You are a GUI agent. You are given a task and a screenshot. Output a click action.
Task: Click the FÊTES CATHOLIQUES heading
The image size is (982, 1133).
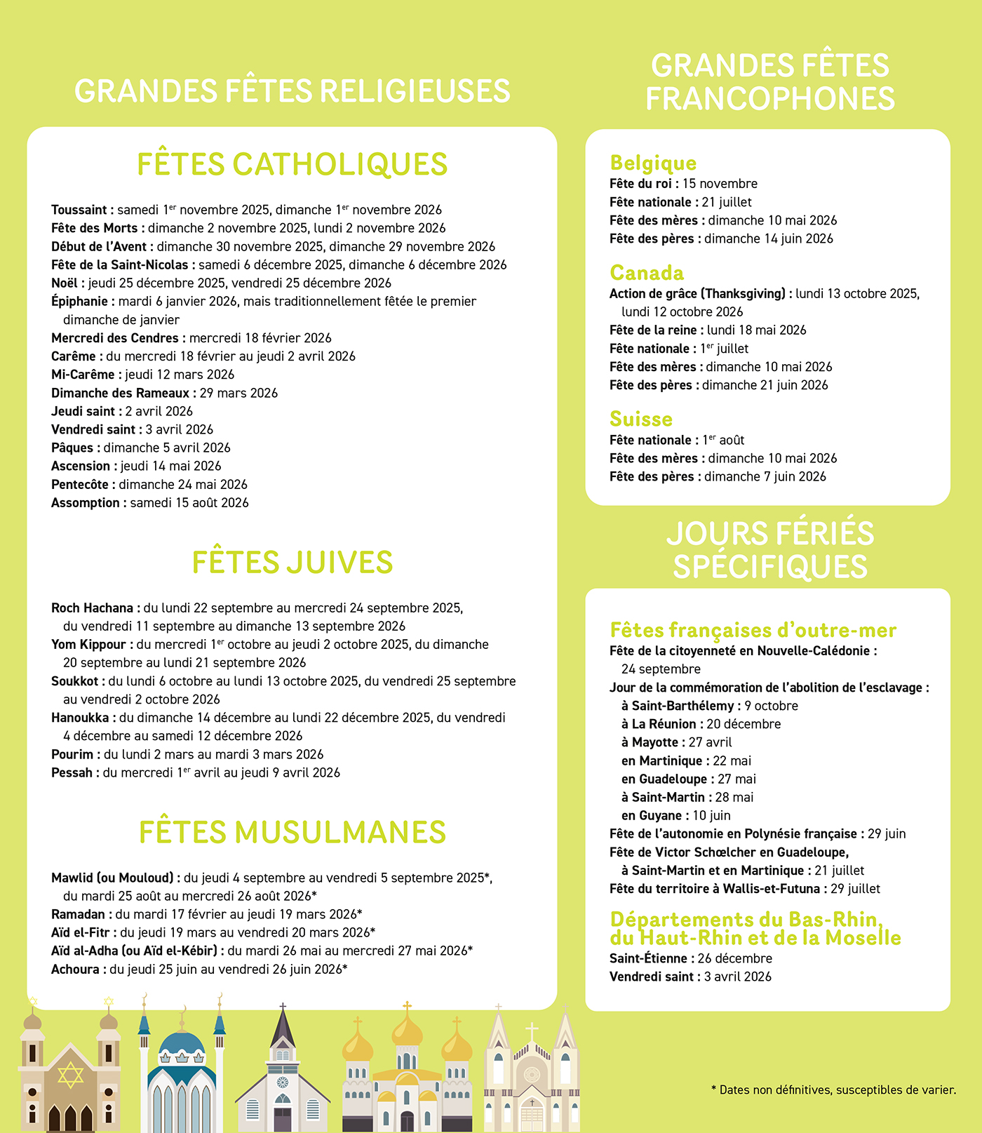click(292, 165)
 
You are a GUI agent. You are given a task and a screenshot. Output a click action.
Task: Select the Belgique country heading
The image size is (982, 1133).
click(653, 163)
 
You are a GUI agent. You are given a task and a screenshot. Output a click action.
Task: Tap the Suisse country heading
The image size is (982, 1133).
click(641, 420)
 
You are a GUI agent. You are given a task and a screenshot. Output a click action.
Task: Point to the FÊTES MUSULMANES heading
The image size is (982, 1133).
click(292, 833)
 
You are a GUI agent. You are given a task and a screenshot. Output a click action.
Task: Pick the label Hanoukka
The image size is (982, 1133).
click(80, 718)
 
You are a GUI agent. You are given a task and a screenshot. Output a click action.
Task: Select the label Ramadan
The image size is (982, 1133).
click(78, 914)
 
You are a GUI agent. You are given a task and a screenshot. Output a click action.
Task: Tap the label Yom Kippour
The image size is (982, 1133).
click(88, 644)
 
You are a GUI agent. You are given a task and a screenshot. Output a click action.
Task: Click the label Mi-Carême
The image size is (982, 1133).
click(83, 375)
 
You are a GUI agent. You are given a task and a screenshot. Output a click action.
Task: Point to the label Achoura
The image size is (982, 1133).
click(75, 969)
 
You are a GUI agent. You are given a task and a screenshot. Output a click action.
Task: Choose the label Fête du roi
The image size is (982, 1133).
click(640, 184)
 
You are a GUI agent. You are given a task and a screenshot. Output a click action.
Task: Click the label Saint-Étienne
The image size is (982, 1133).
click(648, 958)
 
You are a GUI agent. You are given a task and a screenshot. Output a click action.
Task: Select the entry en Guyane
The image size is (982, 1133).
click(651, 815)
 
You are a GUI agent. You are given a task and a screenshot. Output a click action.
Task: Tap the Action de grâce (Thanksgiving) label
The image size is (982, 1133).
click(697, 293)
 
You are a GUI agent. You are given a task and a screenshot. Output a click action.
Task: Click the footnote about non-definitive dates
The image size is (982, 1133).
click(833, 1090)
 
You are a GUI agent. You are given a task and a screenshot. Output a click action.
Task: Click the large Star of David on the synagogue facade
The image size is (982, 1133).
click(70, 1075)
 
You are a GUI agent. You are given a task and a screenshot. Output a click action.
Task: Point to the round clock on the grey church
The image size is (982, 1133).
click(283, 1082)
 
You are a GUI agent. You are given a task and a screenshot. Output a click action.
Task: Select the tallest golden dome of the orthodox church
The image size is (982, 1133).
click(407, 1032)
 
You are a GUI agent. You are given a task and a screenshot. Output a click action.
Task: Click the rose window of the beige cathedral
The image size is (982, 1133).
click(532, 1075)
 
